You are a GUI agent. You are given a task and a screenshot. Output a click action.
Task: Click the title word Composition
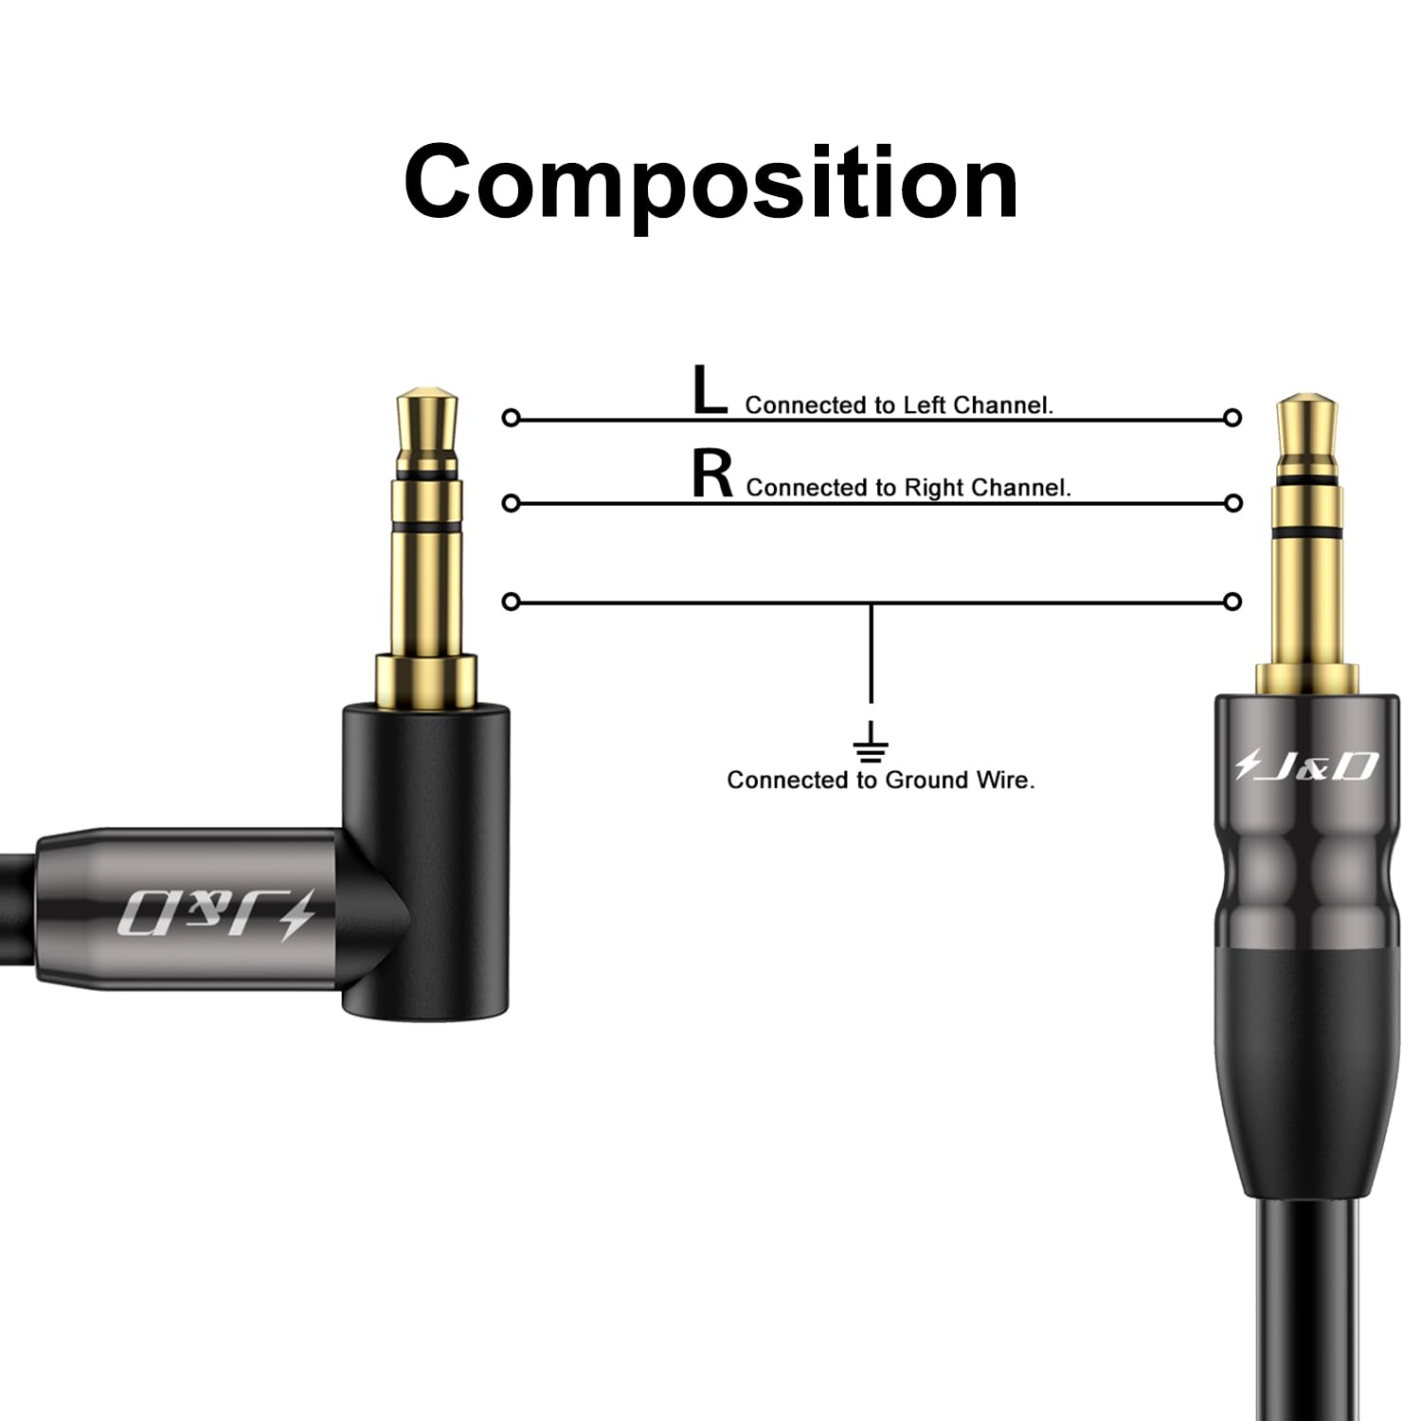click(x=710, y=183)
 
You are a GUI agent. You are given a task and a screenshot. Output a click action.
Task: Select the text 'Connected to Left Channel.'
click(x=899, y=405)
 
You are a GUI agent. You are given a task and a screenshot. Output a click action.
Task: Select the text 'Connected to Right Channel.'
click(x=908, y=488)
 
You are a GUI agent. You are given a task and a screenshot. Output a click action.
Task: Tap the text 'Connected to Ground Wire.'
click(x=881, y=780)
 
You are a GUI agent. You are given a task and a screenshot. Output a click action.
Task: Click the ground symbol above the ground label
click(x=871, y=743)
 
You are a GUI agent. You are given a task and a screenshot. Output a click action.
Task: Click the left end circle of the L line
click(x=511, y=418)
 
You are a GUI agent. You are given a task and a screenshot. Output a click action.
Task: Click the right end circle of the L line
click(x=1232, y=418)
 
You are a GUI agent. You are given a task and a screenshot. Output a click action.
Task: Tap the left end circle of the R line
click(x=511, y=502)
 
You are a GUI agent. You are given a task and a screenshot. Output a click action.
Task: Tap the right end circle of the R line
click(x=1232, y=502)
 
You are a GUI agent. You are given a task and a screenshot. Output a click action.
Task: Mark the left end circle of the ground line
click(x=511, y=602)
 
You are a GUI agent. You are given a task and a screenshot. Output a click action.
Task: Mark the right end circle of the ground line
click(x=1232, y=602)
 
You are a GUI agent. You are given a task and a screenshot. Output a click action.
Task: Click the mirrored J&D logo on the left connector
click(x=216, y=914)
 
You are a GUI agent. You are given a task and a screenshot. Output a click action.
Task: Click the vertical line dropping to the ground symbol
click(x=871, y=654)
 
